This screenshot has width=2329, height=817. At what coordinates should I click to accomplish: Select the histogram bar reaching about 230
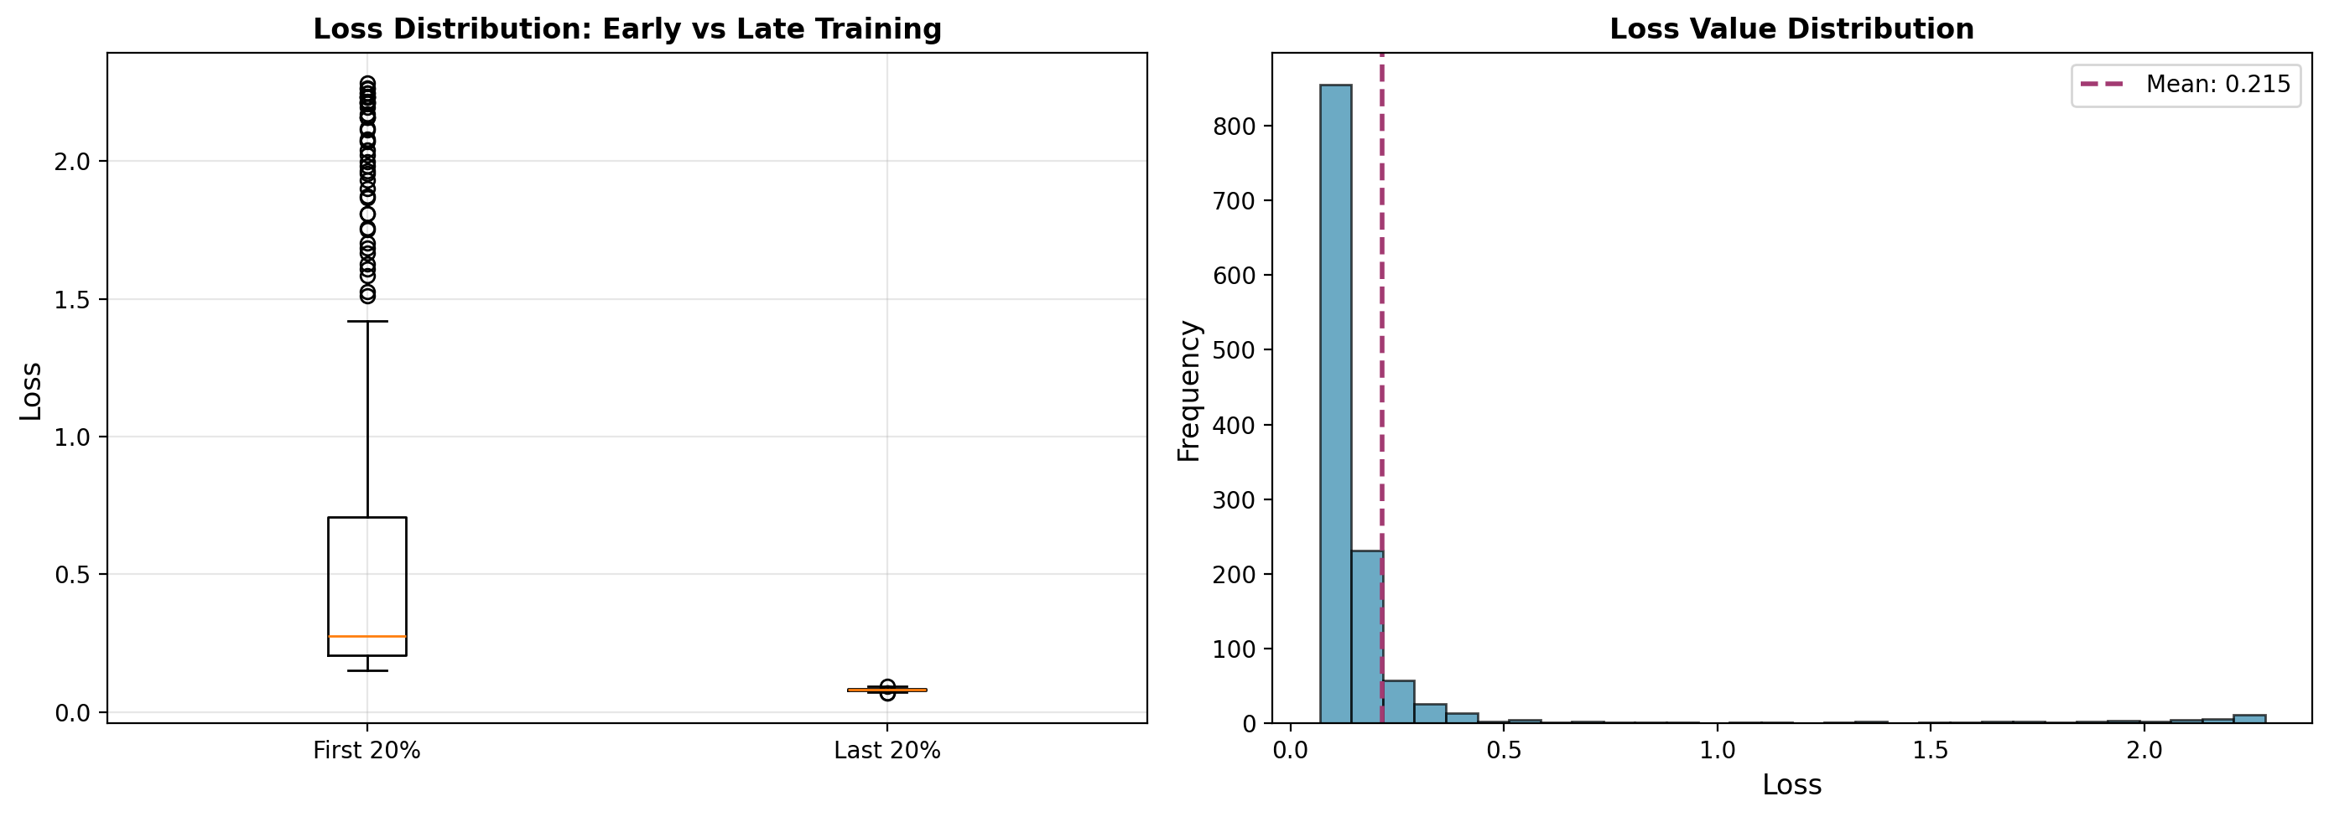[x=1366, y=636]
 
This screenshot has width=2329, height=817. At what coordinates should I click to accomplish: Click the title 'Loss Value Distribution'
[x=1791, y=29]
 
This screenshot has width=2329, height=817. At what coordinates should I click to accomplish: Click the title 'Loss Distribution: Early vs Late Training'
[x=626, y=29]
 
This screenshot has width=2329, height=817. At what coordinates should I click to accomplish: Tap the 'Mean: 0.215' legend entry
[x=2186, y=85]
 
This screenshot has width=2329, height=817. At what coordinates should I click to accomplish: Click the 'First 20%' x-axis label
[x=367, y=751]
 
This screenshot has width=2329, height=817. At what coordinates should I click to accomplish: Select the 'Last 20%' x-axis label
[x=887, y=751]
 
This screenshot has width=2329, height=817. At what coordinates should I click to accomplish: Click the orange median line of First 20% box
[x=367, y=637]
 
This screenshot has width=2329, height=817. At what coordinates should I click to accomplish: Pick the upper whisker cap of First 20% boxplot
[x=367, y=321]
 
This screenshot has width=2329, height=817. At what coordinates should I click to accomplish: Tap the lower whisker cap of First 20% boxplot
[x=367, y=670]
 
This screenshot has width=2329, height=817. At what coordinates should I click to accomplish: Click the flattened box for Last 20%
[x=887, y=690]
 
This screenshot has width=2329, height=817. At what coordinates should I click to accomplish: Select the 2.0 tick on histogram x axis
[x=2144, y=751]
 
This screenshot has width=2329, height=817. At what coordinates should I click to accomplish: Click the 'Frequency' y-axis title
[x=1189, y=390]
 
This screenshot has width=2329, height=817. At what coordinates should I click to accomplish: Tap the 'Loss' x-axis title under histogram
[x=1791, y=784]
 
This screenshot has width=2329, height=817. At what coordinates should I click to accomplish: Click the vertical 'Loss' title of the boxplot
[x=31, y=390]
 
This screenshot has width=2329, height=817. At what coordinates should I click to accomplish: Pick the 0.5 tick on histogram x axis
[x=1504, y=751]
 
